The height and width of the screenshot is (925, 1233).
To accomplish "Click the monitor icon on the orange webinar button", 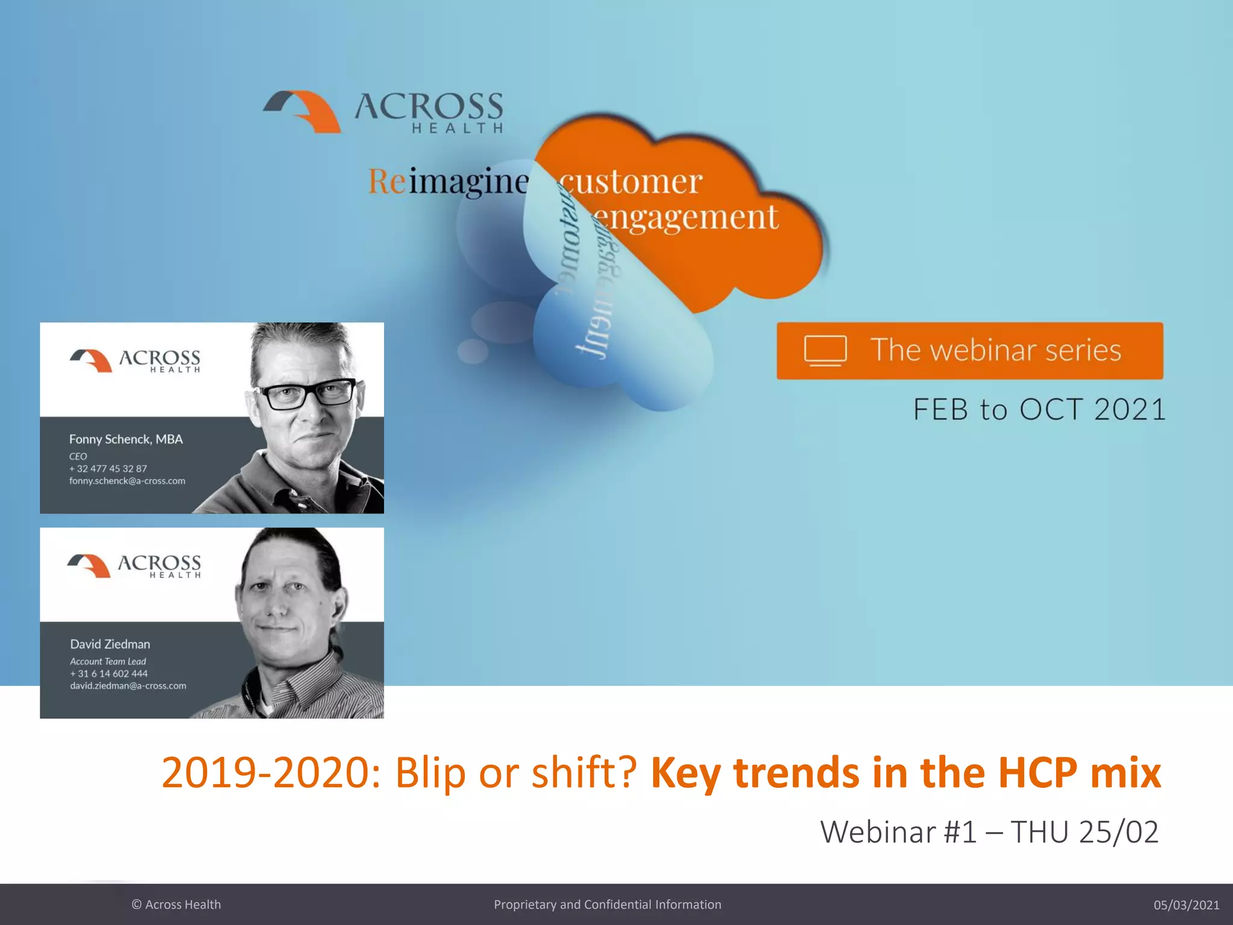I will pos(825,350).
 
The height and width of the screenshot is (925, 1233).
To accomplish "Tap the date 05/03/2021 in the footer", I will pos(1186,905).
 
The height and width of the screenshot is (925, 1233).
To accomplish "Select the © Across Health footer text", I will pos(176,905).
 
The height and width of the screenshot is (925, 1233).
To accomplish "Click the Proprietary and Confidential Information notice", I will pos(607,905).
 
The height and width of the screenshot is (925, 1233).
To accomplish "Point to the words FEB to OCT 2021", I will pos(1039,410).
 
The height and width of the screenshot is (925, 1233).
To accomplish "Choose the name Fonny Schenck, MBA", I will pos(126,439).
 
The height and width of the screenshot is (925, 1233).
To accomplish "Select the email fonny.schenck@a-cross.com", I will pos(127,481).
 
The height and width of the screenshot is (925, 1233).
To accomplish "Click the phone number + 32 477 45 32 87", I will pos(108,469).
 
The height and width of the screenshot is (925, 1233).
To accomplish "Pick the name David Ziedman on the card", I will pos(110,644).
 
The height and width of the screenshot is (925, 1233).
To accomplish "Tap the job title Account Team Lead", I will pos(108,661).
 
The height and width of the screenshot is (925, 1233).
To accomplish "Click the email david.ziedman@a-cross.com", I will pos(128,685).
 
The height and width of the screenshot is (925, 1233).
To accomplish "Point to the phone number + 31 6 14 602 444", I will pos(108,673).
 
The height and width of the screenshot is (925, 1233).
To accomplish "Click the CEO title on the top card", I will pos(78,456).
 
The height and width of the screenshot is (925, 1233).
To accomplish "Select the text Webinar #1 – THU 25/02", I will pos(989,832).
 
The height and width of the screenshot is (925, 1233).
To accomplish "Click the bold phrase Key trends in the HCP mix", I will pos(905,772).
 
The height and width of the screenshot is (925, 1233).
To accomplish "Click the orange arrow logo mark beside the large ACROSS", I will pos(303,111).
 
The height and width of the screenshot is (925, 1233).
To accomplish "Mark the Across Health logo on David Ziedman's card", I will pos(134,565).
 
